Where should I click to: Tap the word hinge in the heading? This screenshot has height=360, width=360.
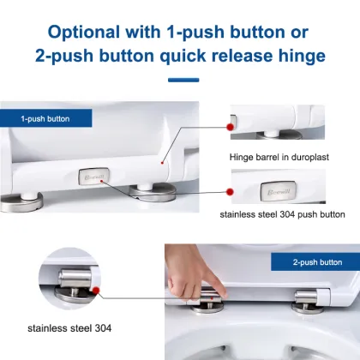pos(292,57)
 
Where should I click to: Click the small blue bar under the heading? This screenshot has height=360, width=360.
pos(182,81)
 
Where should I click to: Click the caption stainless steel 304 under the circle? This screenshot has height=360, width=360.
pos(68,348)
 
